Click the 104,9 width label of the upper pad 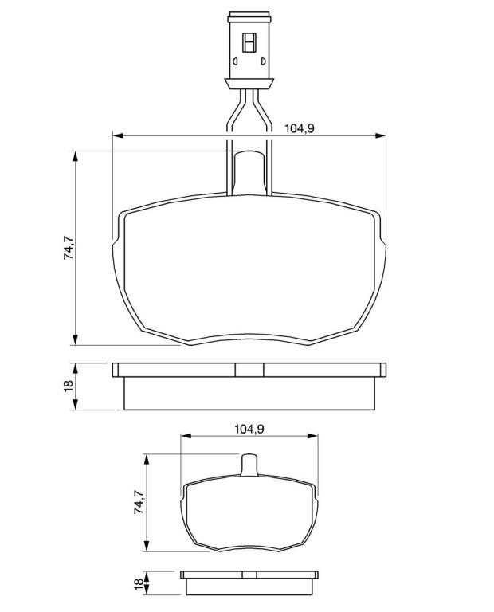[300, 127]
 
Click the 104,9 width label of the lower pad [249, 429]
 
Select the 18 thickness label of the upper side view [69, 386]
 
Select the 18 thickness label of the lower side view [139, 584]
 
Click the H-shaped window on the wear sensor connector [249, 42]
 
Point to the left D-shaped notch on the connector [235, 61]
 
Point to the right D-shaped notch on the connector [264, 61]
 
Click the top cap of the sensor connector [249, 18]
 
